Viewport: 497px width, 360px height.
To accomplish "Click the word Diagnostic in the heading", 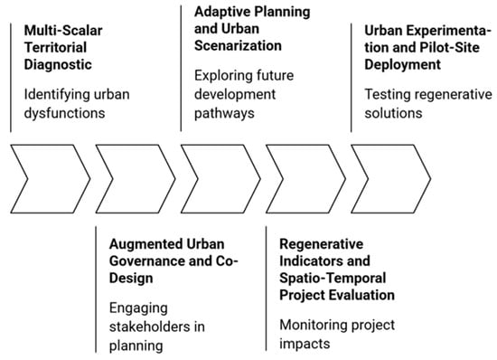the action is pyautogui.click(x=58, y=65).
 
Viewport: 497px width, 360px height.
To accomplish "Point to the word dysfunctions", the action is pyautogui.click(x=64, y=113).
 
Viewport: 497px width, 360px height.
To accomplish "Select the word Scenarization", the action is pyautogui.click(x=238, y=45).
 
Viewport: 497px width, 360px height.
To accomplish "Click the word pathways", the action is pyautogui.click(x=224, y=113).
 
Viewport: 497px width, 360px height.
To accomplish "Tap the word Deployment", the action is pyautogui.click(x=402, y=65).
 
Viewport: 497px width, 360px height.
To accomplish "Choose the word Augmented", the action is pyautogui.click(x=145, y=244).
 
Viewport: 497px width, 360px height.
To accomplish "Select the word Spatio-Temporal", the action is pyautogui.click(x=333, y=279).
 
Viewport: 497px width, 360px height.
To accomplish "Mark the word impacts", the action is pyautogui.click(x=305, y=344).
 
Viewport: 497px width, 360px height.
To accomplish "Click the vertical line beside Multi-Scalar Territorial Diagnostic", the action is pyautogui.click(x=11, y=78).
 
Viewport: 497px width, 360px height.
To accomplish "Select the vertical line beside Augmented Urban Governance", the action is pyautogui.click(x=96, y=289).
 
